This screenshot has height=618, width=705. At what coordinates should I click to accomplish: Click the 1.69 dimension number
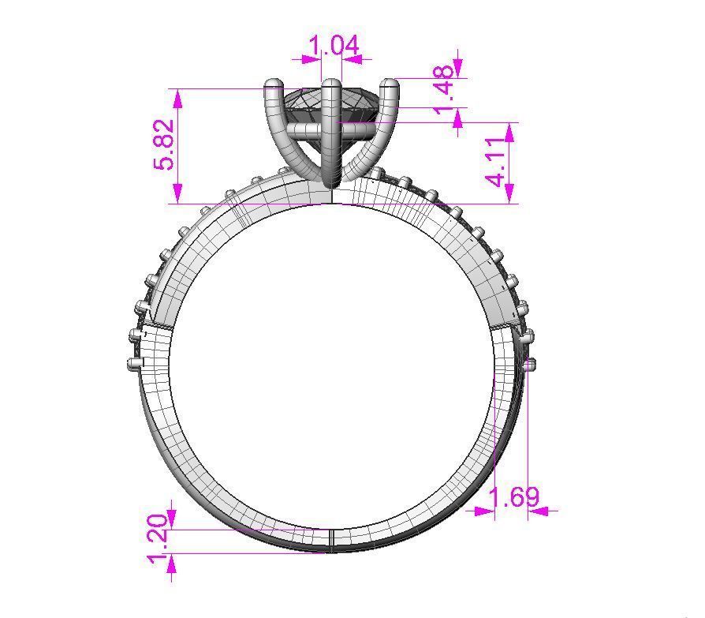[514, 497]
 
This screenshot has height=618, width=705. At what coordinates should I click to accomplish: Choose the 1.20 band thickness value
[158, 538]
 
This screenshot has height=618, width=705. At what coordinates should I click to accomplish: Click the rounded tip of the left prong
[273, 84]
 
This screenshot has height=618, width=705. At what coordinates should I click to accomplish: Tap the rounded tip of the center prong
[331, 84]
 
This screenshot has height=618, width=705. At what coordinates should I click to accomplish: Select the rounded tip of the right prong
[389, 84]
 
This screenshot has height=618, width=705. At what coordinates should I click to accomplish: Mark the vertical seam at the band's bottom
[331, 537]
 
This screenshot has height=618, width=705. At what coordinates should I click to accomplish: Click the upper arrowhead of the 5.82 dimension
[178, 97]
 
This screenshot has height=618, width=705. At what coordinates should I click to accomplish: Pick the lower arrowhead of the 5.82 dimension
[178, 194]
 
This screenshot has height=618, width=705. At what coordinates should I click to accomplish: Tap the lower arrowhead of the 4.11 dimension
[509, 194]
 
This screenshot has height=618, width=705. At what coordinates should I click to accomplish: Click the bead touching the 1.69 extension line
[530, 364]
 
